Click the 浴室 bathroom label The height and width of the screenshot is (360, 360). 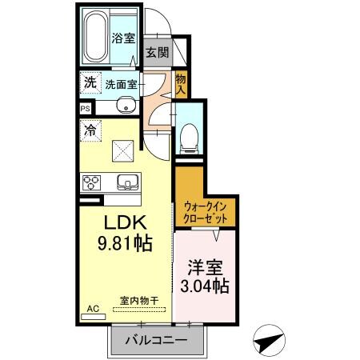tap(122, 37)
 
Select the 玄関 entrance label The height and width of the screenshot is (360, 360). tap(156, 54)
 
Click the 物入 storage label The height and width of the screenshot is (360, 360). tap(181, 82)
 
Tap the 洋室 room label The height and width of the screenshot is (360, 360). tap(205, 265)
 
